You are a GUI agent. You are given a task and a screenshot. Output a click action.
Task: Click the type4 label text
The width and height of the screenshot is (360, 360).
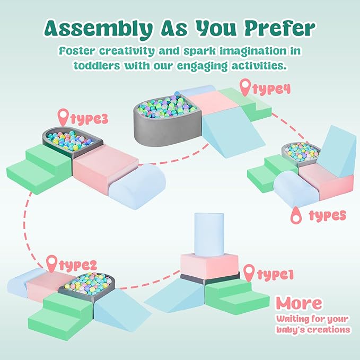(271, 88)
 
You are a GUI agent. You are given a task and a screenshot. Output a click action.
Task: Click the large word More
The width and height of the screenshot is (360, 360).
(298, 303)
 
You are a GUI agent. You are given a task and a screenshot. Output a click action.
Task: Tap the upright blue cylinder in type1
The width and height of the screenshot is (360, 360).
(204, 234)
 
